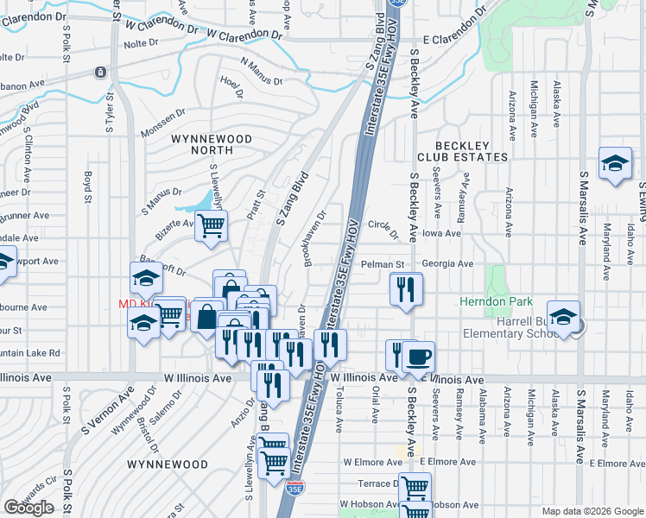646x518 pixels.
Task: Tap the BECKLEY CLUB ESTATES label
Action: (x=462, y=151)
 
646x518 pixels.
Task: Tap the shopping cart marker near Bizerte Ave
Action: (x=212, y=226)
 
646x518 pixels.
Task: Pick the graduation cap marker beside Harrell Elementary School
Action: (x=563, y=318)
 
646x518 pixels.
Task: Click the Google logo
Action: (x=29, y=508)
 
